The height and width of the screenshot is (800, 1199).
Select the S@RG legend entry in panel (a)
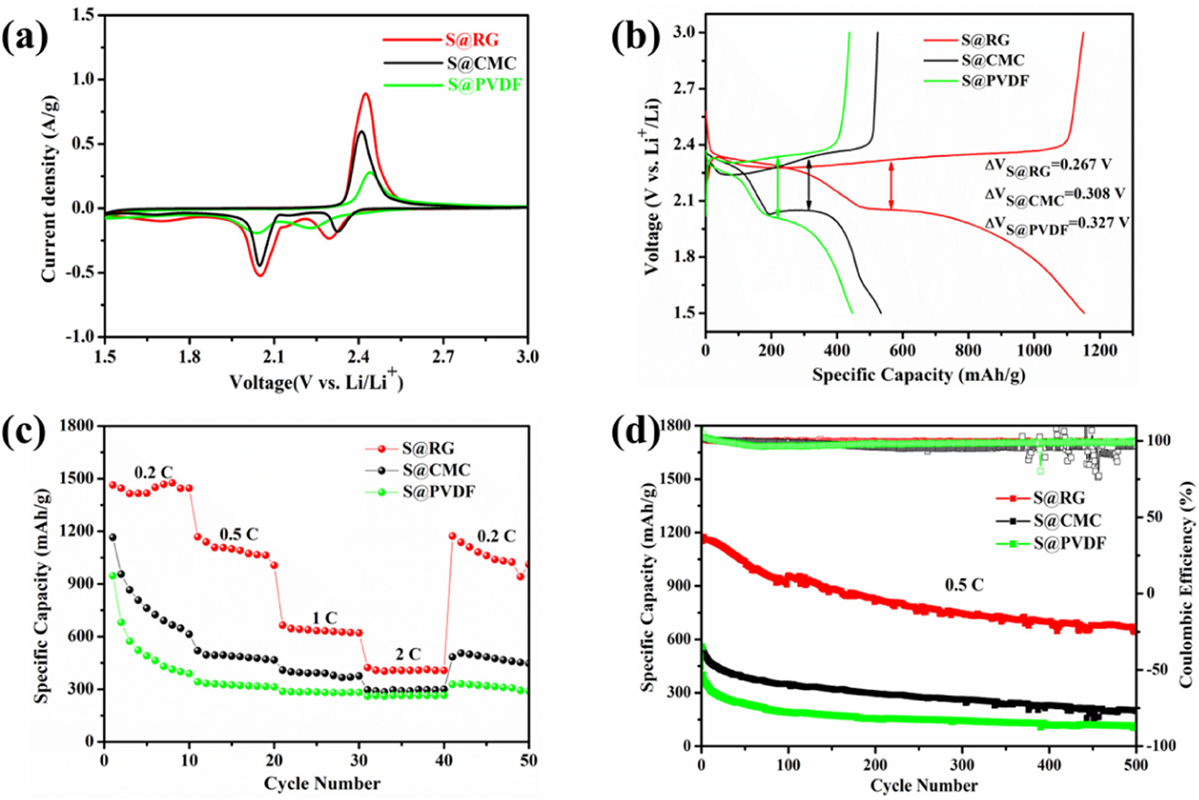471,40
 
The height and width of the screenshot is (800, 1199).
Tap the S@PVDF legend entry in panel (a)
484,85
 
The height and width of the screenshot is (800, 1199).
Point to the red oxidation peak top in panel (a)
365,94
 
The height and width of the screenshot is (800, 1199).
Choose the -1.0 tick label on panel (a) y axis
80,337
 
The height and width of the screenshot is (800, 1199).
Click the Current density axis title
49,189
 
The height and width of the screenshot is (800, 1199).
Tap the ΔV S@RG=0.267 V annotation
1048,167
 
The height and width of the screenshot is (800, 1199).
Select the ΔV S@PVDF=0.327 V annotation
1057,225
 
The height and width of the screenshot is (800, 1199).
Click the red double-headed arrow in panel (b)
891,186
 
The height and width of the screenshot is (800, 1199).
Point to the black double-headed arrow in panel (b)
809,184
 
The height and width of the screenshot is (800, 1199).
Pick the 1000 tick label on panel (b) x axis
1033,351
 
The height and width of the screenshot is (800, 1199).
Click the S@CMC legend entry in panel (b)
993,60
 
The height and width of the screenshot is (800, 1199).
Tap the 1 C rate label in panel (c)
325,619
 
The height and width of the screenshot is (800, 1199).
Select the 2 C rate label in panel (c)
408,654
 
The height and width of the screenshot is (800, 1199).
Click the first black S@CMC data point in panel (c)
113,537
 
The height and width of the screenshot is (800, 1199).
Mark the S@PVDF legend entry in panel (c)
438,491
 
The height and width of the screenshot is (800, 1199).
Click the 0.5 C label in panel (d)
964,585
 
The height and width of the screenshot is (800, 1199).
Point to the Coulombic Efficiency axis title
1186,584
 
